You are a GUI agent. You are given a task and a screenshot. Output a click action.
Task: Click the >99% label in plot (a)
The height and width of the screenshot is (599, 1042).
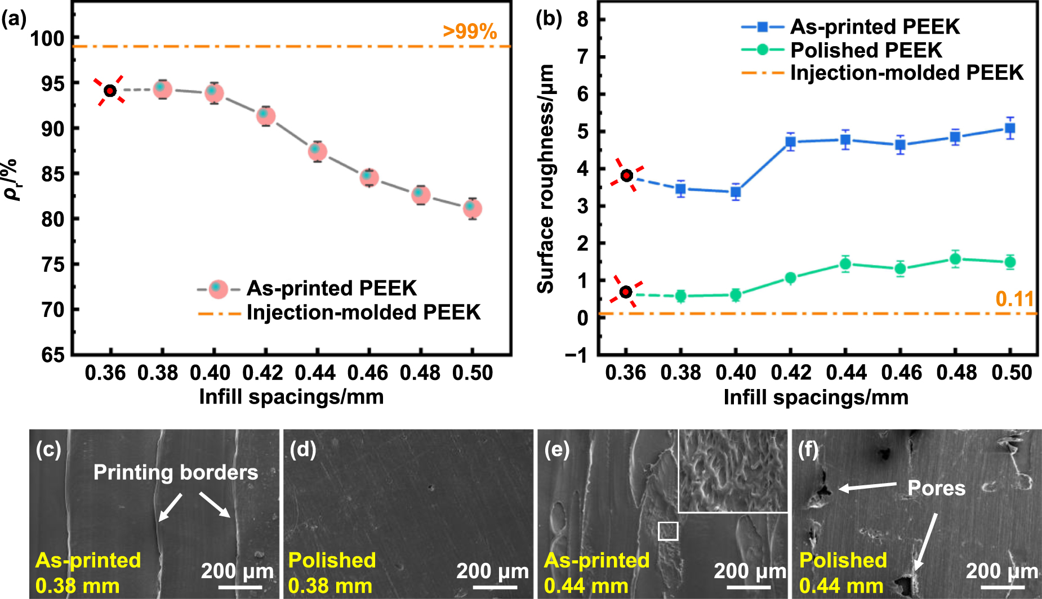click(x=469, y=32)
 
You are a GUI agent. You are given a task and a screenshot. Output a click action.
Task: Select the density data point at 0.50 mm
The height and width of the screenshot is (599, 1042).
click(x=472, y=208)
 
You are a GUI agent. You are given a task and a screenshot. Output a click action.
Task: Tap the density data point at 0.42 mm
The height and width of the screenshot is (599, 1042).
click(x=265, y=115)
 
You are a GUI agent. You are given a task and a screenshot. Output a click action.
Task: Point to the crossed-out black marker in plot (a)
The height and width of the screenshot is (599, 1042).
click(x=110, y=91)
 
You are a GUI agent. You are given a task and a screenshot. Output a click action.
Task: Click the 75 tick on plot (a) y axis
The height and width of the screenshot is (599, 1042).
click(x=53, y=264)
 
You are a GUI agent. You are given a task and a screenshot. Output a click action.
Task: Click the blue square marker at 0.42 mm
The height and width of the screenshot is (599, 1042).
click(x=790, y=142)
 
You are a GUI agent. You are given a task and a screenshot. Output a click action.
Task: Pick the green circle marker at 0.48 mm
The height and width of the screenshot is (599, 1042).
click(x=955, y=259)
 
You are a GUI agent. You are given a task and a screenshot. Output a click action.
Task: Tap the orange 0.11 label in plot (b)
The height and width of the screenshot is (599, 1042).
click(x=1014, y=299)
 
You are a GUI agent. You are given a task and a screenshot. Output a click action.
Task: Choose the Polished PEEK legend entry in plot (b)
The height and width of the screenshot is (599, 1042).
click(x=866, y=50)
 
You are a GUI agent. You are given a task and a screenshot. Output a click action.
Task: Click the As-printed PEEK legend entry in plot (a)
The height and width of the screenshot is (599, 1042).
click(x=331, y=288)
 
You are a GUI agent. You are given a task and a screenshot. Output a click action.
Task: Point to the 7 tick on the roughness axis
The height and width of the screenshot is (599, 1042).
click(x=582, y=57)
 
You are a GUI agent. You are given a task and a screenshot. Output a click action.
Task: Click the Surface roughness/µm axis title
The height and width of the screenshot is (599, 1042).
click(x=545, y=178)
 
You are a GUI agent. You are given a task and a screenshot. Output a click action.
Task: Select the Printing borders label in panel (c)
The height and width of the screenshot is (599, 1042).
click(x=176, y=472)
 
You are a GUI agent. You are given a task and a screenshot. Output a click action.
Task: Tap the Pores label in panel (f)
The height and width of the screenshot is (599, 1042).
click(x=936, y=488)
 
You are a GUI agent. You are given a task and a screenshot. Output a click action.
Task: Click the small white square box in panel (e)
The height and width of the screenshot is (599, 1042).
click(x=667, y=530)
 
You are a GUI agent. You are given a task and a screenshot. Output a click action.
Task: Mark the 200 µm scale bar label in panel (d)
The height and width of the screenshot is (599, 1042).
click(x=492, y=571)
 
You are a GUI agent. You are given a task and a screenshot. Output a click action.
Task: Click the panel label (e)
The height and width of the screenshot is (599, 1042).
click(x=556, y=450)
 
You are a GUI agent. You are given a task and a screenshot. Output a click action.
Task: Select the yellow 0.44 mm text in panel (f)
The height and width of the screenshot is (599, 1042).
click(x=841, y=586)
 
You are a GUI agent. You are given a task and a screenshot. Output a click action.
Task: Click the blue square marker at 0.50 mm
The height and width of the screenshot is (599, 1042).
click(x=1010, y=128)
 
